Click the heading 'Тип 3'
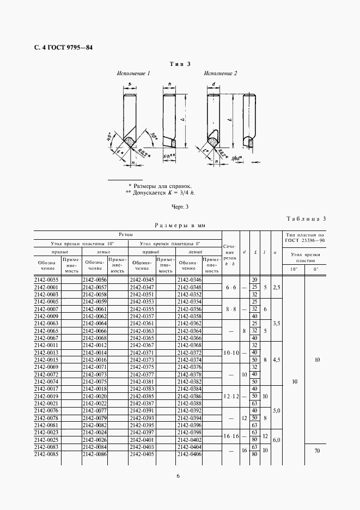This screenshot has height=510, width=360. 180,64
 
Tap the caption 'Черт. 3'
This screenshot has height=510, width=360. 180,207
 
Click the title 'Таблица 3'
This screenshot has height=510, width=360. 306,219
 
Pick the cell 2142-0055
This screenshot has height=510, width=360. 46,280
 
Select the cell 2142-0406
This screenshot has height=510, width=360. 190,454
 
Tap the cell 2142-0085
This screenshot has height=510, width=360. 46,454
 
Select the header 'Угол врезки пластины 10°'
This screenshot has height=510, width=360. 80,243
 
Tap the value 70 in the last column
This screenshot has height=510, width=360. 316,451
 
